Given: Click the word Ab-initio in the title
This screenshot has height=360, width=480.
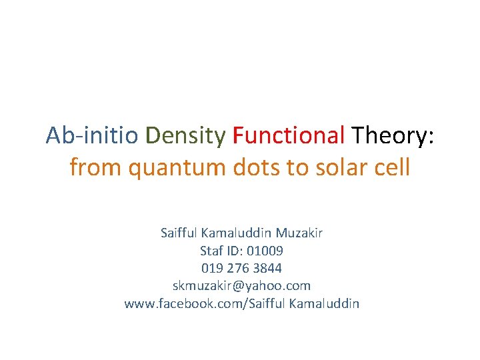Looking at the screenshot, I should click(92, 135).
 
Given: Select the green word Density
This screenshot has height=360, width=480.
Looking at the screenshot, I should click(185, 135).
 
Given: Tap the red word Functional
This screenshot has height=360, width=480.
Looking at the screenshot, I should click(289, 135).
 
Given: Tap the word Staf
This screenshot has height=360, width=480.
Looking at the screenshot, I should click(212, 251).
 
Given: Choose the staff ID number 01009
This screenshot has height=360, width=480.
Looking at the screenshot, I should click(265, 251).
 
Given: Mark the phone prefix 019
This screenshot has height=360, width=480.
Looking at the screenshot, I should click(213, 268).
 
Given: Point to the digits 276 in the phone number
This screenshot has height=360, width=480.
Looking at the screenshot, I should click(239, 268).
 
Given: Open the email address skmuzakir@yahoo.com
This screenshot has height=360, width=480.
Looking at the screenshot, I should click(241, 286).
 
